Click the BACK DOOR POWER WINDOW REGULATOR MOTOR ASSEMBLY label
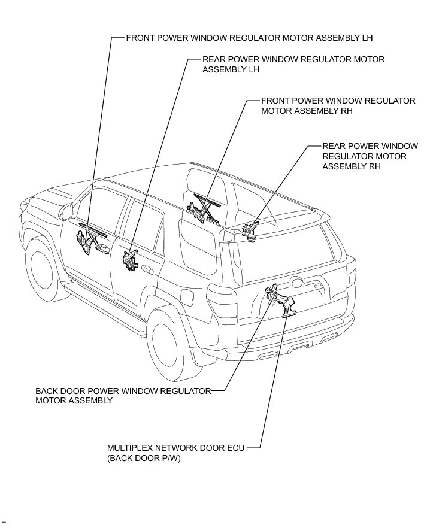pyautogui.click(x=123, y=396)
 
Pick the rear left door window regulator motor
pyautogui.click(x=129, y=261)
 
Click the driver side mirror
pyautogui.click(x=64, y=210)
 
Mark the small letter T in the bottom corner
pyautogui.click(x=5, y=523)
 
